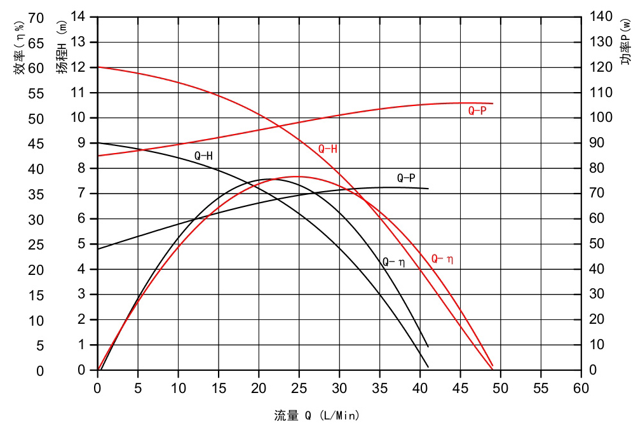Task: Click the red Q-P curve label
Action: (x=477, y=110)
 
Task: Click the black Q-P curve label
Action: (x=405, y=178)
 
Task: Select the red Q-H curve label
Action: (x=327, y=149)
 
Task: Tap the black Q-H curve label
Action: (x=203, y=156)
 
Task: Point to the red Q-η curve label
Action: (x=442, y=259)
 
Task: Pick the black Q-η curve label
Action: (x=393, y=262)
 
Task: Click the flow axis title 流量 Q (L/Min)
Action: (x=317, y=416)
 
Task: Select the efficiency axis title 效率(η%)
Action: (x=20, y=48)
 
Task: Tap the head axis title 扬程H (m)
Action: (x=62, y=48)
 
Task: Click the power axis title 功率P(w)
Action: (x=626, y=48)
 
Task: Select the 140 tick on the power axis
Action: (x=601, y=17)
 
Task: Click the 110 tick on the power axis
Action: (x=601, y=93)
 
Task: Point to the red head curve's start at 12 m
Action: (x=98, y=67)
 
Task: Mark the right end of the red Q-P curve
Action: (x=492, y=103)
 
